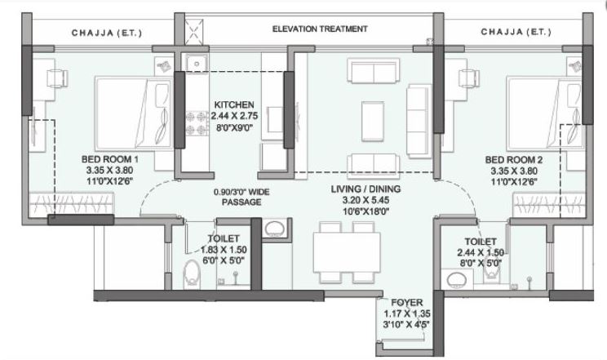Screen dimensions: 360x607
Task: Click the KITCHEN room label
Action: (x=234, y=105)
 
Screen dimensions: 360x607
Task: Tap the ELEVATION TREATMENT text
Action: (x=321, y=29)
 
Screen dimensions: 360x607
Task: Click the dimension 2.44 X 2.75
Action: (x=234, y=117)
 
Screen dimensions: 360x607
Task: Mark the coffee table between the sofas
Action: (x=374, y=112)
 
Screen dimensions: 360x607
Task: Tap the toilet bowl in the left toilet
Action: (x=193, y=273)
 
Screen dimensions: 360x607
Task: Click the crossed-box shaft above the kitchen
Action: (x=193, y=33)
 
